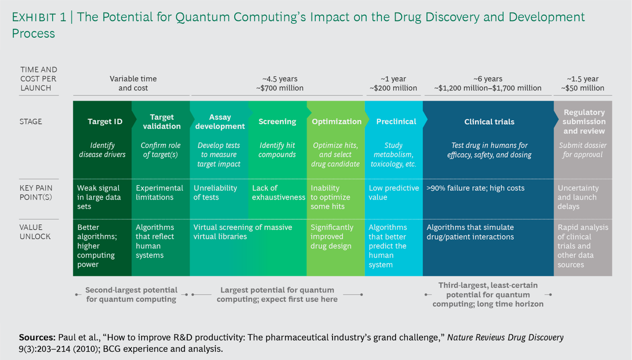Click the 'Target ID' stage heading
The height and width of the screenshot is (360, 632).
click(105, 121)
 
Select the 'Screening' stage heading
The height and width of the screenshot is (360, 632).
click(277, 121)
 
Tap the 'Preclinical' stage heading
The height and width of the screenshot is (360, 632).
click(396, 121)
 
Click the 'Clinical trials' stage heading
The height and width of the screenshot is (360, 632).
click(489, 122)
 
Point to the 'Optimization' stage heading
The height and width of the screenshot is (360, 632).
click(337, 121)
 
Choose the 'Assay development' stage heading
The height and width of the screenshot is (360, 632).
click(220, 122)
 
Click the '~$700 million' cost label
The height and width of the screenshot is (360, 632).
click(280, 88)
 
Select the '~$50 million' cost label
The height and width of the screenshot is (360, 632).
click(583, 88)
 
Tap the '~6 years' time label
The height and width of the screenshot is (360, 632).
click(488, 79)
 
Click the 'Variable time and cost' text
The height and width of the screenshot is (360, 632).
click(133, 83)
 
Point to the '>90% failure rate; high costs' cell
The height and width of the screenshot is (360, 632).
click(475, 188)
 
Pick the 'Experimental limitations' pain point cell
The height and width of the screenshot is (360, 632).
click(159, 192)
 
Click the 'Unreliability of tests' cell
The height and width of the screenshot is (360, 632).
click(215, 192)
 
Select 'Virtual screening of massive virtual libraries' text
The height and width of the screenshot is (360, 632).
click(243, 232)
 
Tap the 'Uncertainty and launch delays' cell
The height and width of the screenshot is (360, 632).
click(578, 197)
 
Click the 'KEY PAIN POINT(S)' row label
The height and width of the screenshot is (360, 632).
click(36, 192)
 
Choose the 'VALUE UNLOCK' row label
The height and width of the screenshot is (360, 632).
click(35, 232)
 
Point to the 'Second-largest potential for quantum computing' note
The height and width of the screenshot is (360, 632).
click(131, 294)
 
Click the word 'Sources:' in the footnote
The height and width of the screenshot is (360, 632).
click(37, 337)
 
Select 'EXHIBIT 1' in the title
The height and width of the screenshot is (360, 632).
click(39, 17)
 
